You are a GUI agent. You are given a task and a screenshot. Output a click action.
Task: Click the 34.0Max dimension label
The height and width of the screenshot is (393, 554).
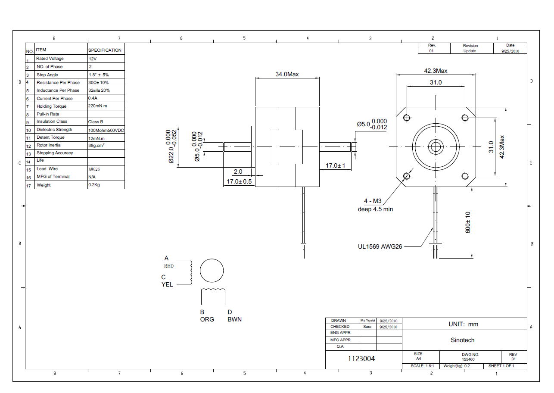pyautogui.click(x=287, y=74)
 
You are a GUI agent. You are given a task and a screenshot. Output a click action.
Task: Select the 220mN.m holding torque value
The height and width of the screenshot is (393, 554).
pyautogui.click(x=97, y=106)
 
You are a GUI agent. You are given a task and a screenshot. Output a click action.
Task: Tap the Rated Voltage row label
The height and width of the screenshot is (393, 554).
pyautogui.click(x=50, y=59)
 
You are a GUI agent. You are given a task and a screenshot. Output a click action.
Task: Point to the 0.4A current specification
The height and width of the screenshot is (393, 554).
pyautogui.click(x=93, y=98)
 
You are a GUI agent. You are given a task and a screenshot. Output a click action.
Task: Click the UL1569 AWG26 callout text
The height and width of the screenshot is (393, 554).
pyautogui.click(x=380, y=247)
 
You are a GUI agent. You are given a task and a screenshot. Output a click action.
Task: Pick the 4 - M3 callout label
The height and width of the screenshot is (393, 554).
pyautogui.click(x=373, y=201)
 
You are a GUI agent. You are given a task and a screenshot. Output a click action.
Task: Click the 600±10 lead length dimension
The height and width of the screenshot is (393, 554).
pyautogui.click(x=468, y=222)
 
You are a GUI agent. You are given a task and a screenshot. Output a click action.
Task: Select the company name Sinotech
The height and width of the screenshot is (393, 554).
pyautogui.click(x=462, y=340)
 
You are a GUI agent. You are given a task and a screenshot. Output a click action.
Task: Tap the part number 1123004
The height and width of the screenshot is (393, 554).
pyautogui.click(x=361, y=359)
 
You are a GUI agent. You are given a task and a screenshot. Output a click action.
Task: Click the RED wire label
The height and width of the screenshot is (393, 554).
pyautogui.click(x=169, y=266)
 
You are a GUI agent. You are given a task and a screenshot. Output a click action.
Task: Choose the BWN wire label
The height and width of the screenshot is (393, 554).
pyautogui.click(x=234, y=319)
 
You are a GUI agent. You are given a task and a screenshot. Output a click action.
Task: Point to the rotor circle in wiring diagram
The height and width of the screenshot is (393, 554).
pyautogui.click(x=212, y=271)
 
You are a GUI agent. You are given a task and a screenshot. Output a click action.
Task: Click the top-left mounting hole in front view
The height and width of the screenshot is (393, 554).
pyautogui.click(x=406, y=118)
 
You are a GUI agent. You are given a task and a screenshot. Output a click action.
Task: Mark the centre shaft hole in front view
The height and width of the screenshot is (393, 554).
pyautogui.click(x=435, y=147)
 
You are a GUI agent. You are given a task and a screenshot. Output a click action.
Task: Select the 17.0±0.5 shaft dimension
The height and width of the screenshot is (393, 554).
pyautogui.click(x=240, y=181)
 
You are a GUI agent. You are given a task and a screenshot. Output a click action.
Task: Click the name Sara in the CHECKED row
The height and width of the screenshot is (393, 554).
pyautogui.click(x=367, y=327)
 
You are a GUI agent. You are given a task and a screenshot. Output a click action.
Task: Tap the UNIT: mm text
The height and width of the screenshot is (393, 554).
pyautogui.click(x=463, y=324)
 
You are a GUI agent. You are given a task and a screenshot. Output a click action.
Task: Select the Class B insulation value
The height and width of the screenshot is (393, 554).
pyautogui.click(x=96, y=122)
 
